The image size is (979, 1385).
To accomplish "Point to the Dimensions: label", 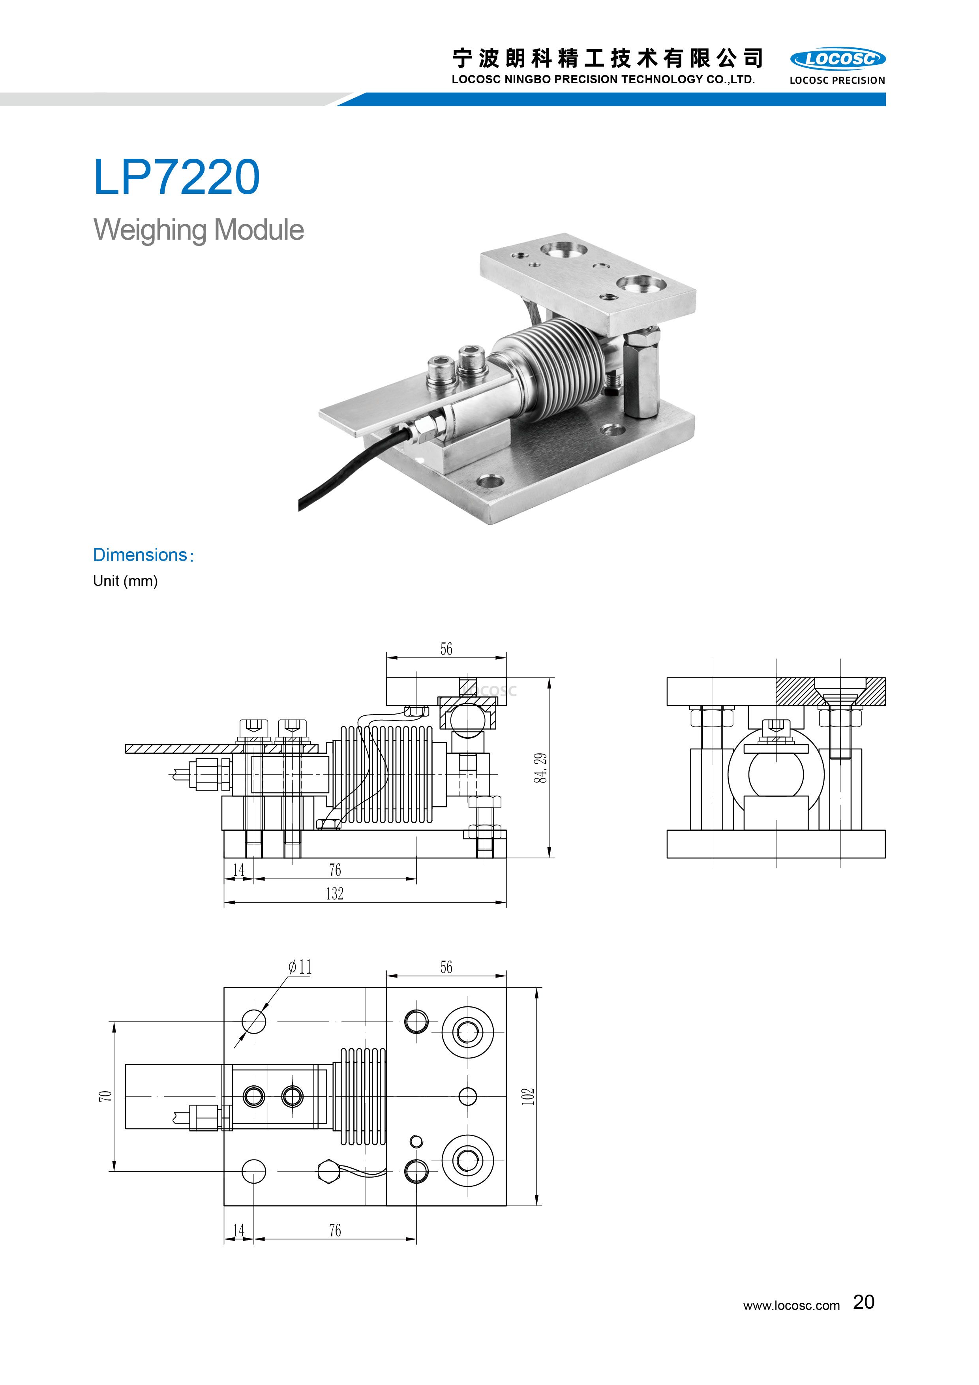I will tap(143, 555).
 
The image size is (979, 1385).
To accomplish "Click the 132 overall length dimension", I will tap(335, 893).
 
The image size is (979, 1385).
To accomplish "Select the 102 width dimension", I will tap(528, 1096).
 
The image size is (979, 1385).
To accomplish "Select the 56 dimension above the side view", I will tap(446, 649).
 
